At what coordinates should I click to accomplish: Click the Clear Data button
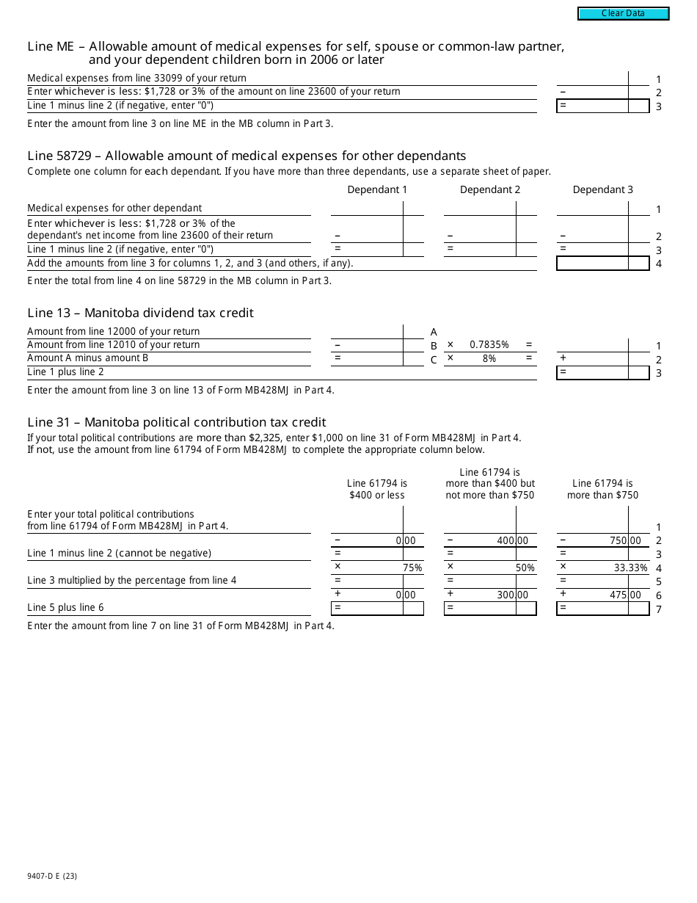(623, 13)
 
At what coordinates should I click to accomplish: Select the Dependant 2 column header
(490, 189)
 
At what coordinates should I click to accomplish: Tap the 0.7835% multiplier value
(489, 344)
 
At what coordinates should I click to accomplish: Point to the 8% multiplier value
(489, 358)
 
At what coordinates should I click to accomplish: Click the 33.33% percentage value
(630, 567)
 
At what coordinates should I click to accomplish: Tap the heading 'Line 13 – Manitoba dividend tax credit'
(140, 313)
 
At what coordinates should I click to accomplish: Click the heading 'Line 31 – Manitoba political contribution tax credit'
(176, 422)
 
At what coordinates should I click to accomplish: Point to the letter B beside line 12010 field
(434, 345)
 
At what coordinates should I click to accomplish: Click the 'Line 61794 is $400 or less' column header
(376, 489)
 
